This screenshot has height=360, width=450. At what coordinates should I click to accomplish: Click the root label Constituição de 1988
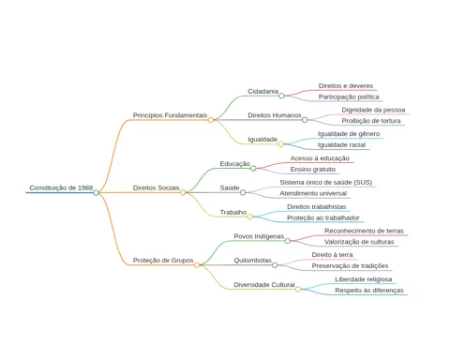click(61, 187)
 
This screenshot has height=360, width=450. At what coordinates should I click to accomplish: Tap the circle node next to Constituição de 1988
click(96, 192)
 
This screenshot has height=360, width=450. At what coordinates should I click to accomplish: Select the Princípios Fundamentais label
click(170, 115)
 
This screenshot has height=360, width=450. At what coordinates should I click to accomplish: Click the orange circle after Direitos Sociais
click(183, 192)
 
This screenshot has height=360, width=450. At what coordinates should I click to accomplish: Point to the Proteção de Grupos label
click(163, 261)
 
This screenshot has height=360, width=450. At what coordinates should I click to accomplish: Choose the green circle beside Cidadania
click(281, 96)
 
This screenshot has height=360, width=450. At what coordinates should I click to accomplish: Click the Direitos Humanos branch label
click(275, 115)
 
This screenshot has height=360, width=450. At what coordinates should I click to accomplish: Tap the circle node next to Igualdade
click(280, 144)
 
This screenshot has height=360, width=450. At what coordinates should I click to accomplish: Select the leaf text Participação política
click(349, 97)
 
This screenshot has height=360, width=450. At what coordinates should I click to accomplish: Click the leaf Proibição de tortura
click(371, 121)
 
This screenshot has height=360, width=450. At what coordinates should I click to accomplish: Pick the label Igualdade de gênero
click(349, 134)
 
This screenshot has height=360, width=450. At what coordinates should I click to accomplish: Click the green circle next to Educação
click(253, 169)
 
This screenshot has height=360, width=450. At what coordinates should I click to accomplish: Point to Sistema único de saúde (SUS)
click(326, 182)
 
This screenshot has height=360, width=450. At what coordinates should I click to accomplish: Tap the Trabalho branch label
click(233, 212)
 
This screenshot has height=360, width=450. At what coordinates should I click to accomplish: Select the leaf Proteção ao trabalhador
click(323, 217)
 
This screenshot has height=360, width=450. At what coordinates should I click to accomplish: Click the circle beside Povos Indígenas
click(288, 241)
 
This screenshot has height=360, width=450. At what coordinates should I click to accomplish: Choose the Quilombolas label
click(252, 261)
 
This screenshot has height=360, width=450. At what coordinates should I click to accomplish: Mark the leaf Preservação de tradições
click(350, 266)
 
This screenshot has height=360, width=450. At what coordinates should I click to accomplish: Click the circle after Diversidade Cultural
click(298, 290)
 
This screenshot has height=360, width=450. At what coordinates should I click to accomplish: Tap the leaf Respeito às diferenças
click(369, 291)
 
